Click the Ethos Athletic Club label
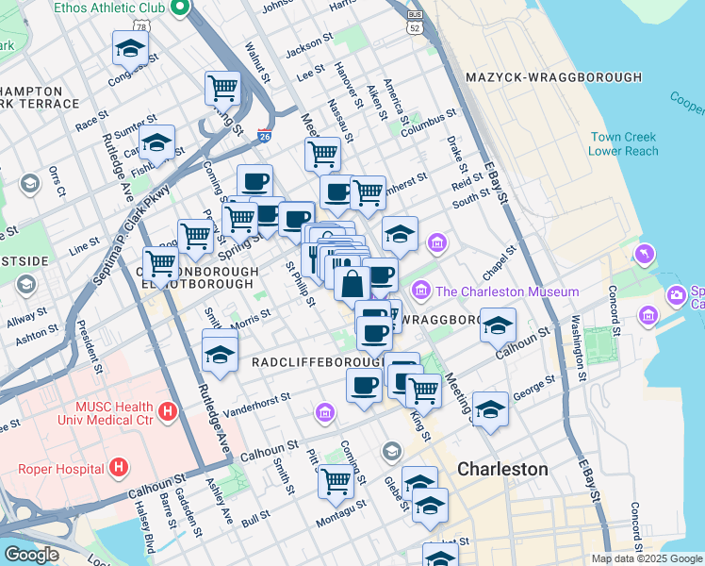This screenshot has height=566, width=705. [x=110, y=8]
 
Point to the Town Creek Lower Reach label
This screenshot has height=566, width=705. [x=623, y=144]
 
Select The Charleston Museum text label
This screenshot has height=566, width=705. [x=507, y=291]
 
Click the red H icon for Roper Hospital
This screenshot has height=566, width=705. [x=119, y=467]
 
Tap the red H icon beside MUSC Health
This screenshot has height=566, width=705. [x=168, y=411]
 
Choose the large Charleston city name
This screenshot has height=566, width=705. [x=502, y=469]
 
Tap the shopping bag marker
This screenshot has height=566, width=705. [x=352, y=283]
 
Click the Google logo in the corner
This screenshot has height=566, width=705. [x=30, y=554]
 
